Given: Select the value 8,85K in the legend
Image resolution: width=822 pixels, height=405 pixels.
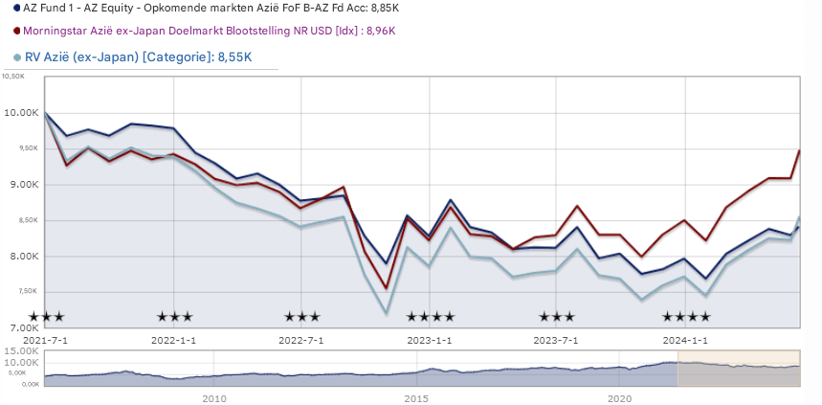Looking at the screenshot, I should tap(382, 9).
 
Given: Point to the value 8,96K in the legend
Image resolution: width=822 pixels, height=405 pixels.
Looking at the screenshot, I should tap(380, 32).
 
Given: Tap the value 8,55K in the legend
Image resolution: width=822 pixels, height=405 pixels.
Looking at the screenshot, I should tap(234, 57).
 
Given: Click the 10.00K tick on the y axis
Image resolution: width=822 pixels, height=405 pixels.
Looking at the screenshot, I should tap(21, 113).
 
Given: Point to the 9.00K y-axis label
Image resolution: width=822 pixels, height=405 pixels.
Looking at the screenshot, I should tap(21, 185).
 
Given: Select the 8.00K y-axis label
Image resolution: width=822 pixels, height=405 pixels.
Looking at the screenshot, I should tap(21, 257).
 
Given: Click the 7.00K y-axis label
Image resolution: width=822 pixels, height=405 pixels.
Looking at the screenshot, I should tap(21, 328).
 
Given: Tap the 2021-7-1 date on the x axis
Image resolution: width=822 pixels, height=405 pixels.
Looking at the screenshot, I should tap(46, 340).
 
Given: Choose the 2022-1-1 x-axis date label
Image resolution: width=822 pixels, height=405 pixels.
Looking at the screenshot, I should tap(174, 340).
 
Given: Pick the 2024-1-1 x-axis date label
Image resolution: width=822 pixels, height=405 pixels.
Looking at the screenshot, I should tap(686, 340).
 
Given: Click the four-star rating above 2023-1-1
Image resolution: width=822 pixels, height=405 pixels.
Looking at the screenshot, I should tap(430, 317).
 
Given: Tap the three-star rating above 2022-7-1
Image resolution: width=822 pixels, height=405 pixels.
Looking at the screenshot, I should tap(301, 317).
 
